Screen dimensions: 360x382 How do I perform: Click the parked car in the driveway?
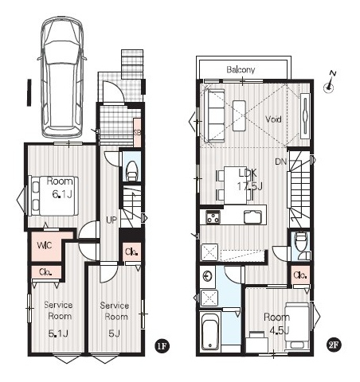point(63,77)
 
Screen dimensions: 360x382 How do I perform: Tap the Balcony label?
point(241,70)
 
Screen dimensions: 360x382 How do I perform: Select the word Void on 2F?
point(273,119)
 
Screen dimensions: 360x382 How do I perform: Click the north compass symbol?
point(330,82)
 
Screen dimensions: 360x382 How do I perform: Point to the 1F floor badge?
point(162,345)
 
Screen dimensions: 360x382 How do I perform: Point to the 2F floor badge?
point(334,345)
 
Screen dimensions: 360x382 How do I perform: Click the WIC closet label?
point(45,245)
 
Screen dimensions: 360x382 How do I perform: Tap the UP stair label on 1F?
point(112,220)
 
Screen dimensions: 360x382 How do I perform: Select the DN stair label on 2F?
point(281,162)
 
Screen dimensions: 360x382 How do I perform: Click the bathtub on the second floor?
point(210,330)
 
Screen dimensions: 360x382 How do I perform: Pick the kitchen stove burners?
point(213,217)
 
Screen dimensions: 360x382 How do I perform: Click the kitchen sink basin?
point(252,217)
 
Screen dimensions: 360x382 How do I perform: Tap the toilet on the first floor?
point(131,172)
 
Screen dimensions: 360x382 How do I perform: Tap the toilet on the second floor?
point(301,245)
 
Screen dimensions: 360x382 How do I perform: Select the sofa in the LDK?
point(214,115)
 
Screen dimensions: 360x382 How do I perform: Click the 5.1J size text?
point(58,333)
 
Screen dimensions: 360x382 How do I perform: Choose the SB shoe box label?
point(137,133)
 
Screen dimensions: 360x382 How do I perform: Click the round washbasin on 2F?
point(207,276)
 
